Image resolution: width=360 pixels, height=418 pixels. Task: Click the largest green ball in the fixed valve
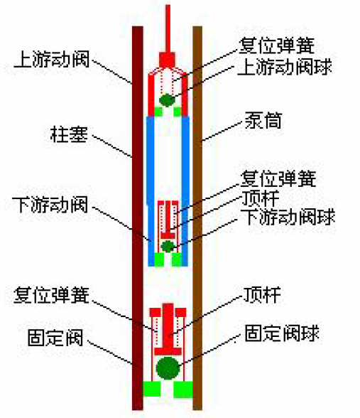click(168, 368)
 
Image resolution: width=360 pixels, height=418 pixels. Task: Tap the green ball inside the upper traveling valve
click(167, 100)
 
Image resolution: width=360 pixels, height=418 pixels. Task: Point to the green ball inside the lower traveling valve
click(168, 246)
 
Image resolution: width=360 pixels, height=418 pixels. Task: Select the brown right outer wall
click(198, 213)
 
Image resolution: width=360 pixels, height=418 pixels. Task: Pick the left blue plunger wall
click(150, 185)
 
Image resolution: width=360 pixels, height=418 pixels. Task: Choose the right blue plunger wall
click(186, 185)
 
